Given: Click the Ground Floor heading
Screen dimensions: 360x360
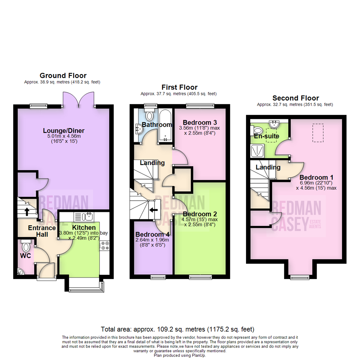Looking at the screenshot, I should point(63,76).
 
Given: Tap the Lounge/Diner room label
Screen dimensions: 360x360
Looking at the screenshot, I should point(63,130).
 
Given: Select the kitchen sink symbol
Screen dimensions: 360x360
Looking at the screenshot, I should point(89,217).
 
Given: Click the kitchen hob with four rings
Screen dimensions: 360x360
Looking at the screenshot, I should point(105,246).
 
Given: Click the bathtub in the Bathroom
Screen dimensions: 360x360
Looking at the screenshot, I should point(165,125).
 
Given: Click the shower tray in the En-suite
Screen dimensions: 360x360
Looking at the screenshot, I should point(257,151).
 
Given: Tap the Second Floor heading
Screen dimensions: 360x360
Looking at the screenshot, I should point(295,98).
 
